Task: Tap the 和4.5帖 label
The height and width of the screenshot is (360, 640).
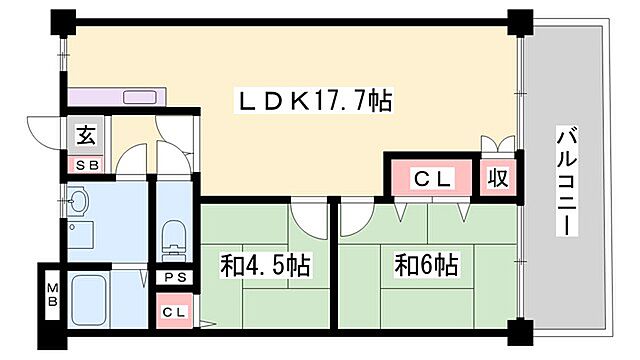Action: (264, 266)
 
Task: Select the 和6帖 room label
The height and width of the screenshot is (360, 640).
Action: (426, 266)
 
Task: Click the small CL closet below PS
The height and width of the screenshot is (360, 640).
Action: (173, 311)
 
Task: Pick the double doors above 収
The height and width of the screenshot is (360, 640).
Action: (497, 146)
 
